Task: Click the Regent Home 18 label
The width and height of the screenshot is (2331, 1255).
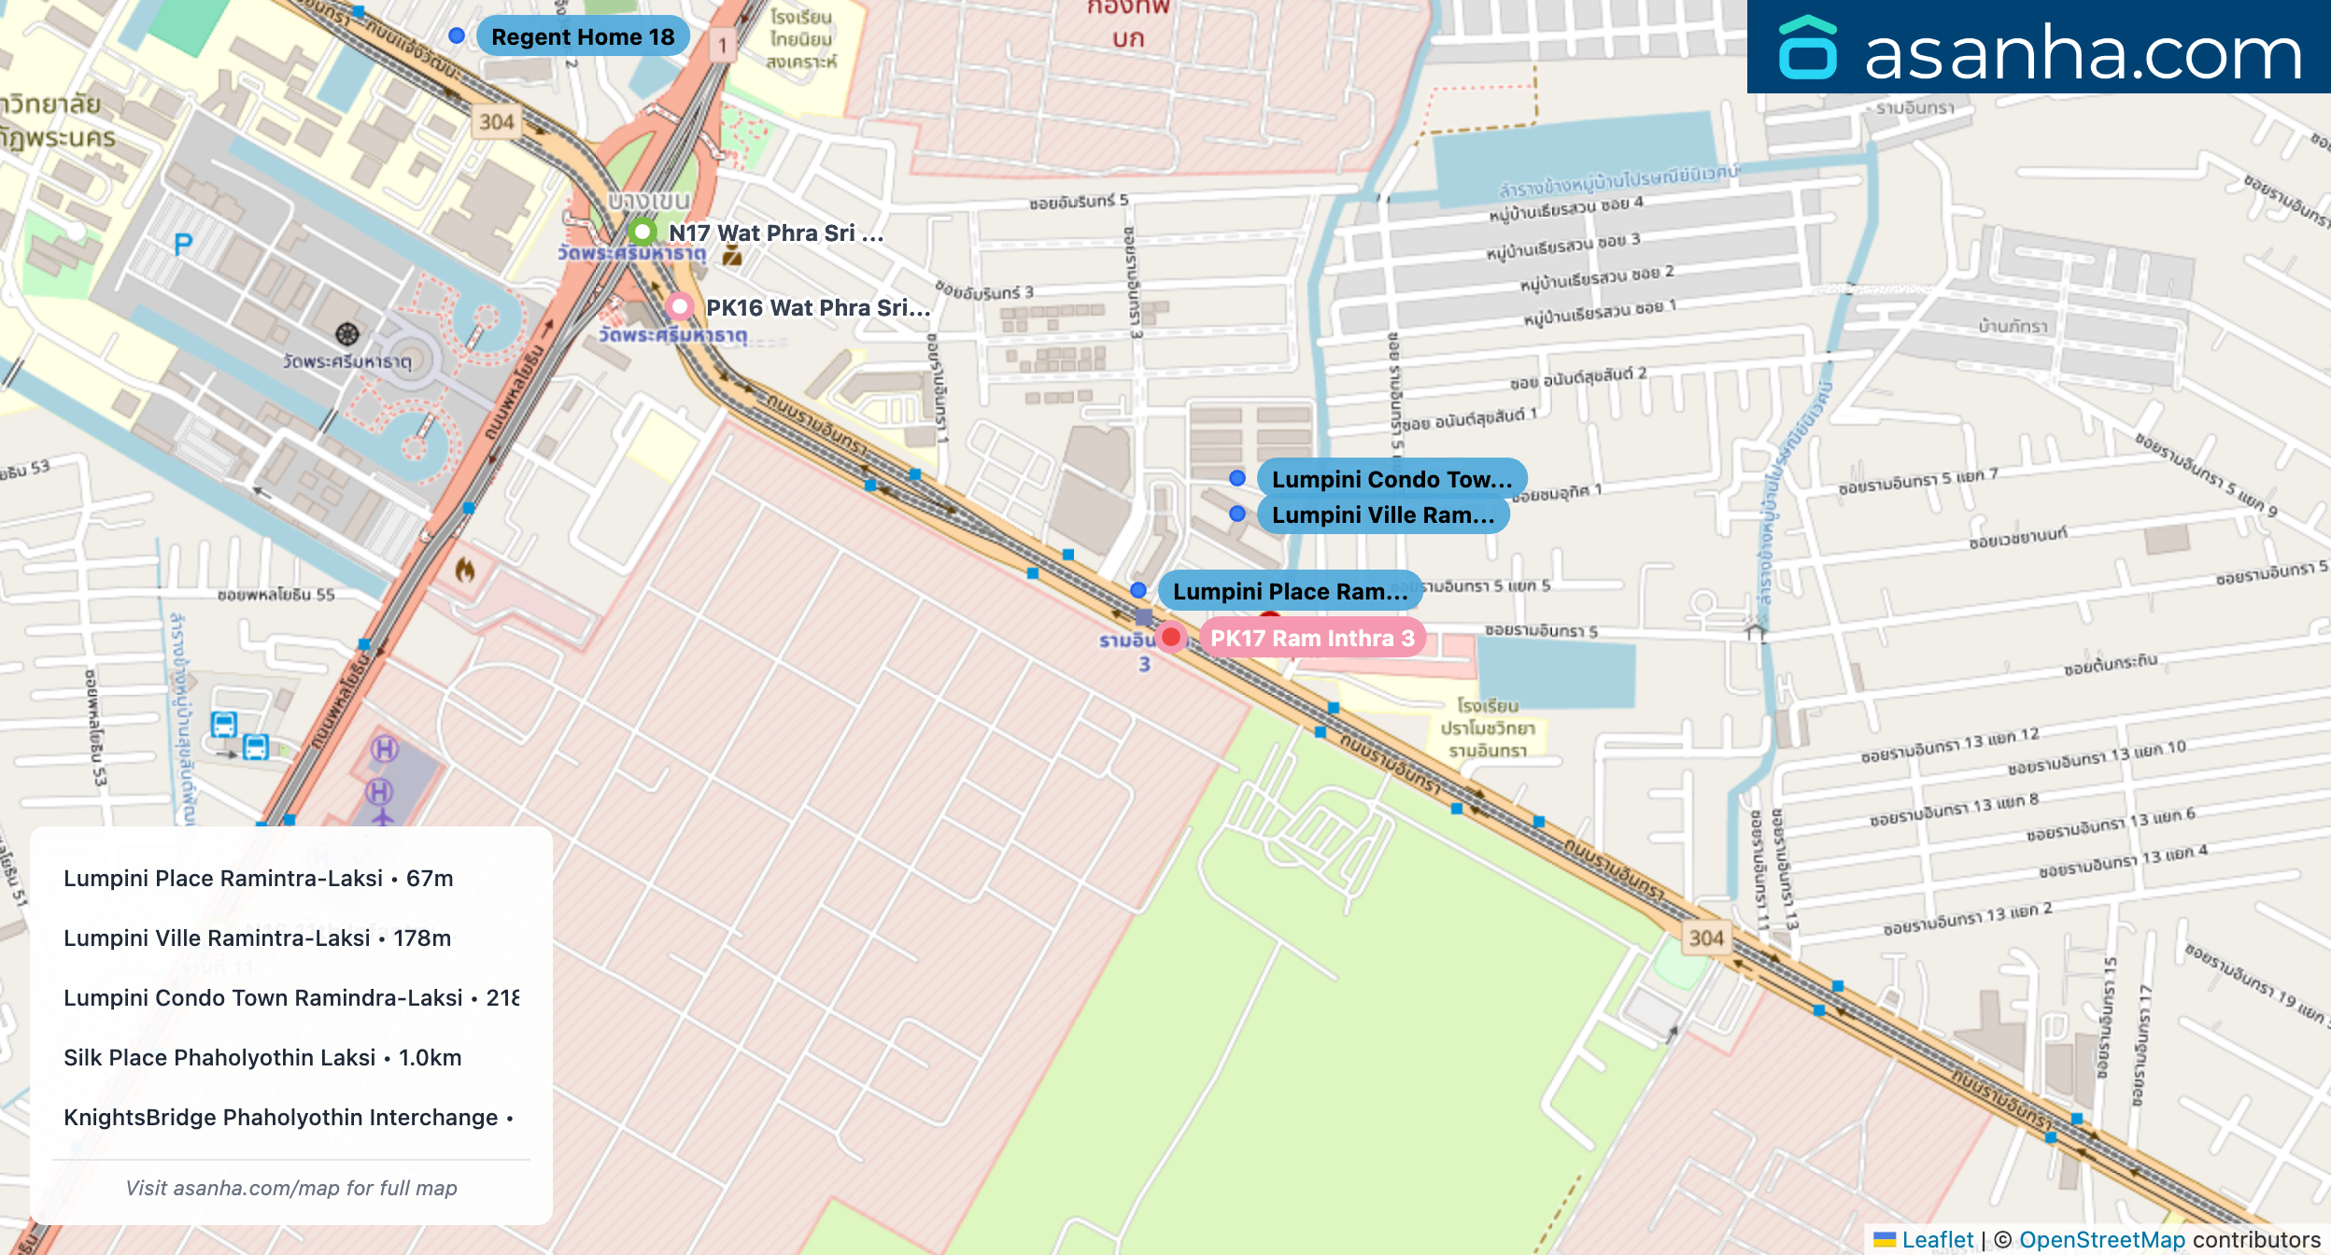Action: click(x=583, y=37)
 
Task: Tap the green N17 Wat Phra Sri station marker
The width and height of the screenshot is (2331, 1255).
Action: click(x=643, y=231)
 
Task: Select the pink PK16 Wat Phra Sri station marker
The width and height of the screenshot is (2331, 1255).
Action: click(x=680, y=306)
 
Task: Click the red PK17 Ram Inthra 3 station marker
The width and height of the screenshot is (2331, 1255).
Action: click(x=1170, y=637)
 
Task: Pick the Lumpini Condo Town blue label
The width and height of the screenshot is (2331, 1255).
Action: click(x=1391, y=479)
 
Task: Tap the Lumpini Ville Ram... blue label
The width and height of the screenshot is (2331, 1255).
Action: click(x=1382, y=515)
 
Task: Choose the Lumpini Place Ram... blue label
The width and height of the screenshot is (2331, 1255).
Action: click(x=1289, y=591)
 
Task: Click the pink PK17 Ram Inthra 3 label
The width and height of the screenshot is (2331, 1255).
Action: click(x=1312, y=639)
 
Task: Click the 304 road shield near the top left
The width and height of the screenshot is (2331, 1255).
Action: click(x=496, y=122)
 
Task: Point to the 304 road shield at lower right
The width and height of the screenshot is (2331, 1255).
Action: click(x=1705, y=938)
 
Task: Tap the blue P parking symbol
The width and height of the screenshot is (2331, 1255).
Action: click(x=183, y=245)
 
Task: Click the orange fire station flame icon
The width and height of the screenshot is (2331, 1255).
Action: click(x=464, y=569)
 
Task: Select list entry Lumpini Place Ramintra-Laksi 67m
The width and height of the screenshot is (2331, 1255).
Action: click(x=259, y=879)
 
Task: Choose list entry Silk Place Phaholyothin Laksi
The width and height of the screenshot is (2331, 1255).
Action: click(x=262, y=1058)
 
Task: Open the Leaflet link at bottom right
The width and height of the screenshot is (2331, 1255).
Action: click(x=1937, y=1239)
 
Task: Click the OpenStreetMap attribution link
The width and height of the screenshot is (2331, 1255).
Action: click(x=2101, y=1239)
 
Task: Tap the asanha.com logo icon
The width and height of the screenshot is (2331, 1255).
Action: click(x=1808, y=49)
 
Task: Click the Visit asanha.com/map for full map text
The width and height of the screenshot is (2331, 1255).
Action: click(x=291, y=1188)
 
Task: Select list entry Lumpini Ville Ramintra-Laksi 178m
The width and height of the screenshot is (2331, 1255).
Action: click(x=257, y=938)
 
